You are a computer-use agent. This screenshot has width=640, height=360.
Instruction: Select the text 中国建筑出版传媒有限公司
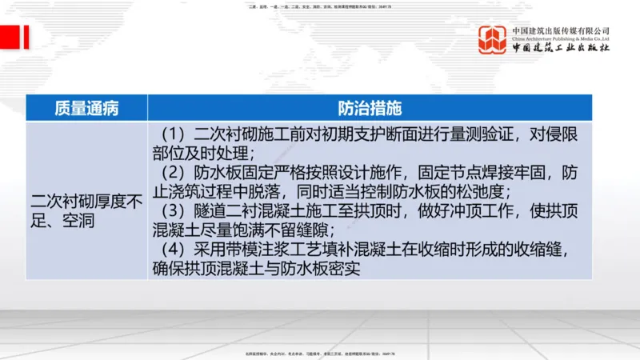tap(561, 30)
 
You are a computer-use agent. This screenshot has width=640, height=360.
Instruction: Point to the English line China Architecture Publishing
tap(561, 38)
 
